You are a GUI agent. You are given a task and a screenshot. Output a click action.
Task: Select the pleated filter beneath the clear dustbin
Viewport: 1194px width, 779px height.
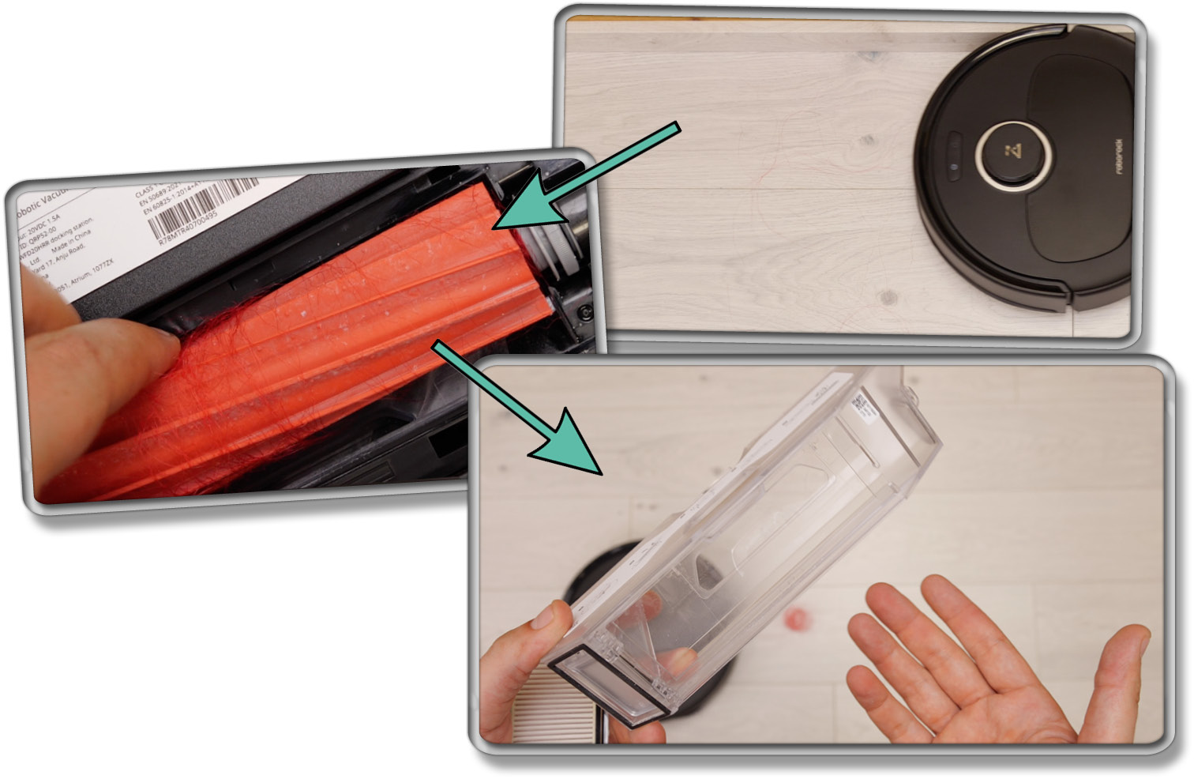point(553,715)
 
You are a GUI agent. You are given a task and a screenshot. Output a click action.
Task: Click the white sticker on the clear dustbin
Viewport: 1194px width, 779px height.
point(862,403)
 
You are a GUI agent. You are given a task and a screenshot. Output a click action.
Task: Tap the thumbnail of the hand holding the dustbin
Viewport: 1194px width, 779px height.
point(546,615)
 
